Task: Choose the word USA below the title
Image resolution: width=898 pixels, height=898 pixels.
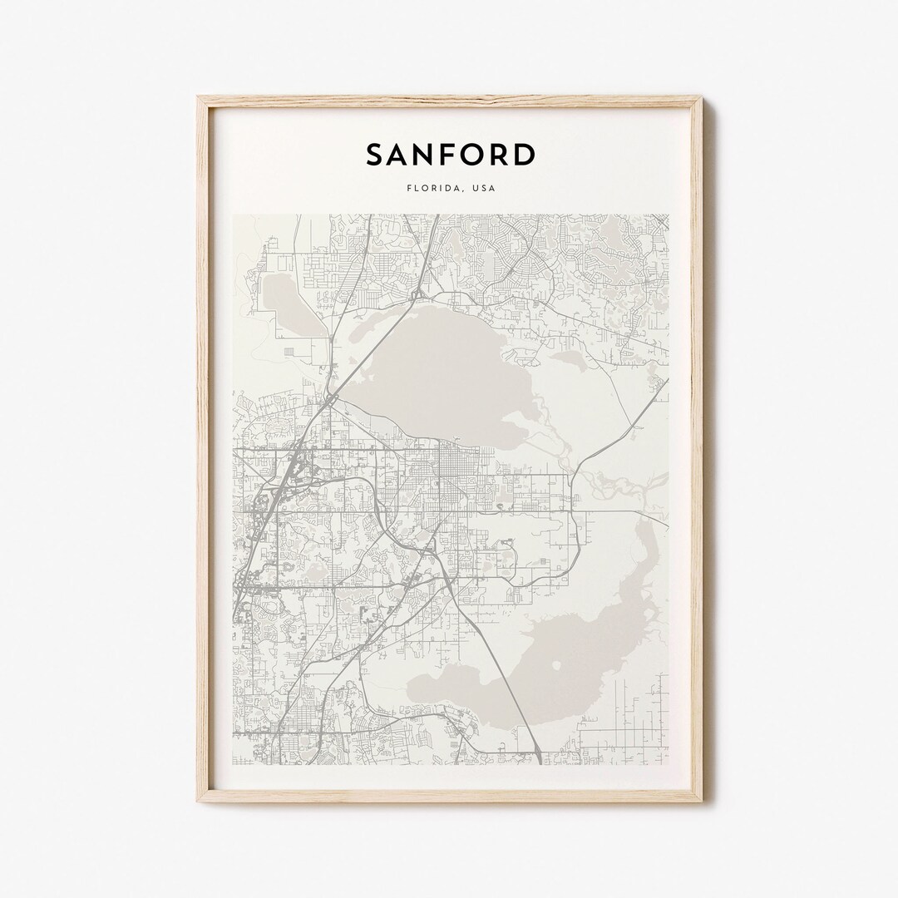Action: tap(484, 188)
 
